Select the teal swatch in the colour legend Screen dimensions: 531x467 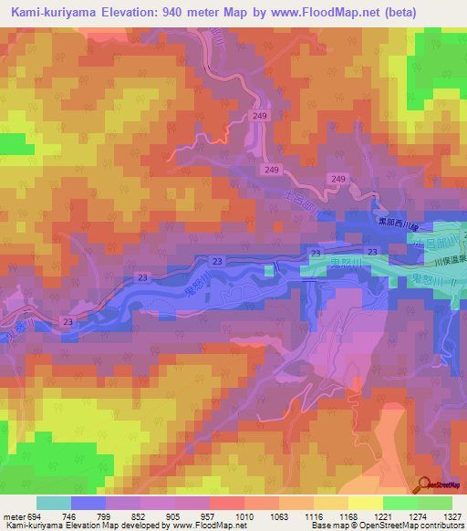click(x=53, y=503)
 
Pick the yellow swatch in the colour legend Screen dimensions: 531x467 click(x=365, y=503)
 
